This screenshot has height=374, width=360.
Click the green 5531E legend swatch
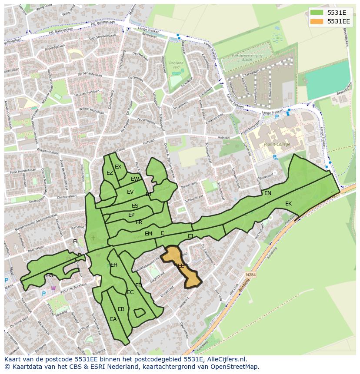[317, 12]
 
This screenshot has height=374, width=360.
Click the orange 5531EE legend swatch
[317, 21]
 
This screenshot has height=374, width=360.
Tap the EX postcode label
[118, 167]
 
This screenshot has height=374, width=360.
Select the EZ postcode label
[110, 173]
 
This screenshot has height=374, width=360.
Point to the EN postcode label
[268, 193]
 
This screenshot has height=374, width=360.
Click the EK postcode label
[288, 204]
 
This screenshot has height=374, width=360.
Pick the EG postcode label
[50, 275]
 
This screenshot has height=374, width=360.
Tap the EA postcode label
[113, 319]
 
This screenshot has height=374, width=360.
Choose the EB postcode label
[121, 309]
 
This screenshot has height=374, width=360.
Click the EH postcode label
[114, 265]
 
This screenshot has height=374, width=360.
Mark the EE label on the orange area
[181, 265]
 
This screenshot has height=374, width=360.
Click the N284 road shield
[250, 275]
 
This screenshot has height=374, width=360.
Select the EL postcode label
[76, 242]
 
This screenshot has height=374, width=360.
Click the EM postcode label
[148, 234]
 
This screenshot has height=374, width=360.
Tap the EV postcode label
[130, 192]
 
